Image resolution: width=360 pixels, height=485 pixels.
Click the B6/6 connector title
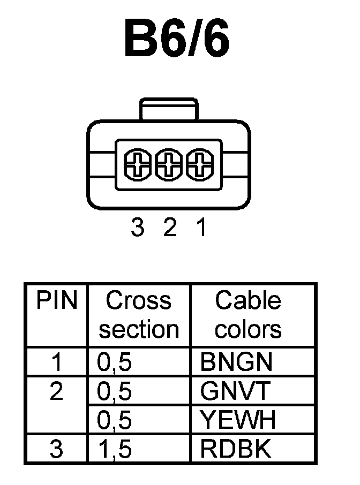(x=176, y=40)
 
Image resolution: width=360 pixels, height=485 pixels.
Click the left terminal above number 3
(x=138, y=164)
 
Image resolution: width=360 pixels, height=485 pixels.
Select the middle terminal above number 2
(x=169, y=164)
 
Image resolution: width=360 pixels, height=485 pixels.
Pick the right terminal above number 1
(x=200, y=164)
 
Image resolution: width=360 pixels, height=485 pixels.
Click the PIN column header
(x=56, y=300)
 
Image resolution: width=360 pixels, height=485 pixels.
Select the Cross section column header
(x=138, y=315)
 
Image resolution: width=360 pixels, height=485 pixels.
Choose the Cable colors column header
(x=247, y=315)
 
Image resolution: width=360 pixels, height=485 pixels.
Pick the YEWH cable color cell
(x=238, y=421)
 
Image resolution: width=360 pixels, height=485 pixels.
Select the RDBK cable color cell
(x=236, y=449)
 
